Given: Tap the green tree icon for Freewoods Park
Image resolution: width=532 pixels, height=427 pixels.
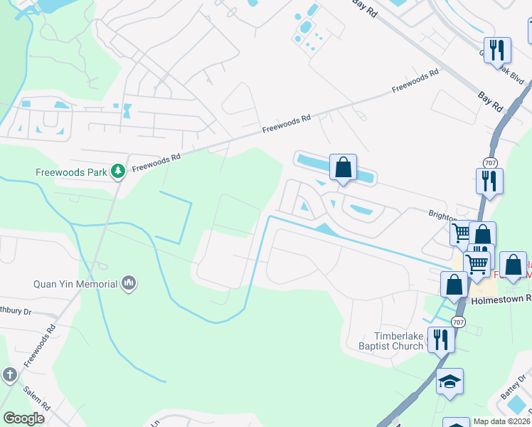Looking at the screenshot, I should [117, 172].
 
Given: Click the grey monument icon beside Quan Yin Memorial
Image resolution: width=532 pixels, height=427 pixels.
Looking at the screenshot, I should [129, 284].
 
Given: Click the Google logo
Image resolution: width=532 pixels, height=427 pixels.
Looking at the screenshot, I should [23, 418].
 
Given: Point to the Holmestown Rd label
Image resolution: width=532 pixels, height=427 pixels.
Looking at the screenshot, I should [501, 300].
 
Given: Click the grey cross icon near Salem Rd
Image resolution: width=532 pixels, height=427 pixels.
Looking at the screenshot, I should [9, 374].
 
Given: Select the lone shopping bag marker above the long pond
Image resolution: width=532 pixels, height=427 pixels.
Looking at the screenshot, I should [343, 168].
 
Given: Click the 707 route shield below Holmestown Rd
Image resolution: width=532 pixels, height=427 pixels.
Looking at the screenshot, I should [459, 322].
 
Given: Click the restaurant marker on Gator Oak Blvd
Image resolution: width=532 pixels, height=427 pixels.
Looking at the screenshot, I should [497, 51].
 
